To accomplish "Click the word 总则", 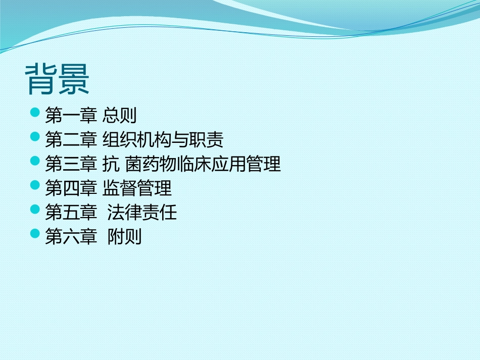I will coord(119,116).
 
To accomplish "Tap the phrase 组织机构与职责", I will coord(163,140).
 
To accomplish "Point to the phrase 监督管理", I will coord(137,188).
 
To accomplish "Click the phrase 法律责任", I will coord(142,213).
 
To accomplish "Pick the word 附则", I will coord(124,237).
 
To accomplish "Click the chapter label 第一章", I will coord(70,116).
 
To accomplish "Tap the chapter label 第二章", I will coord(70,140).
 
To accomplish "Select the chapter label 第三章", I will coord(70,164).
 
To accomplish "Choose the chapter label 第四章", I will coord(70,188).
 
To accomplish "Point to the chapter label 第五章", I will coord(70,213).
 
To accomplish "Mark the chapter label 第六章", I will coord(70,237).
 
